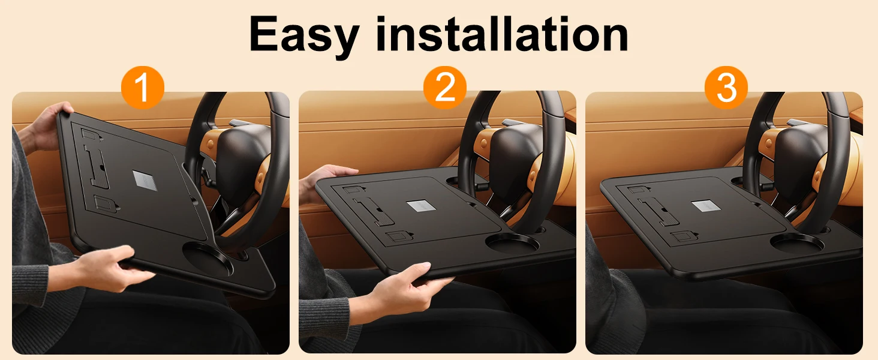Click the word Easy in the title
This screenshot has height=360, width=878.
[304, 35]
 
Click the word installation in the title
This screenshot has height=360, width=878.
[502, 34]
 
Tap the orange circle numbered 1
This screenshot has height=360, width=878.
[142, 87]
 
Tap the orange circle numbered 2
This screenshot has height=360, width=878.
[445, 87]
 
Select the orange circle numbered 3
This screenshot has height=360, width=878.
[726, 87]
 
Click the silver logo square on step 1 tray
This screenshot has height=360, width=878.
[145, 181]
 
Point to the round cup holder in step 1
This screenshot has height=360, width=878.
[208, 259]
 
